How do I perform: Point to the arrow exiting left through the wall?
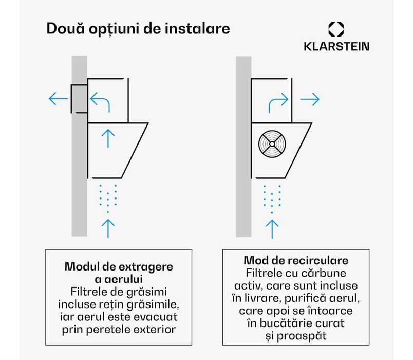coord(58,99)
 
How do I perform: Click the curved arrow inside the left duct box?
coord(101,101)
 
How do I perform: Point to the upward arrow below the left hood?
coord(107,226)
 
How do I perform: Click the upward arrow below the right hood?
coord(272,226)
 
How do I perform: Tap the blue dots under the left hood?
coord(107,197)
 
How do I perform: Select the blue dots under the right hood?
coord(272,197)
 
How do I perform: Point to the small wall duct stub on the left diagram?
coord(79,98)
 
